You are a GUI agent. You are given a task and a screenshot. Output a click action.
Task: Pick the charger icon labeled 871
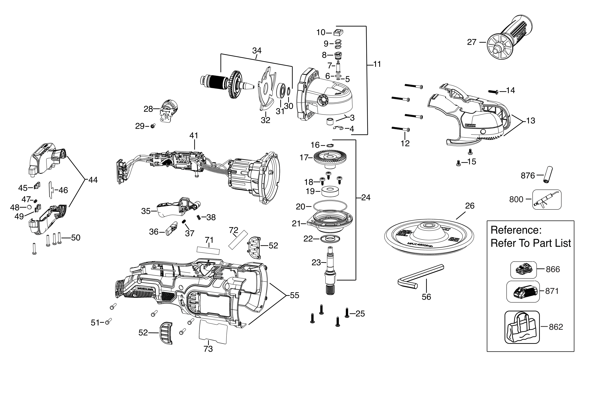[523, 291]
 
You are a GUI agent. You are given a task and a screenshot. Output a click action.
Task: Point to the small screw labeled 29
[153, 126]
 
